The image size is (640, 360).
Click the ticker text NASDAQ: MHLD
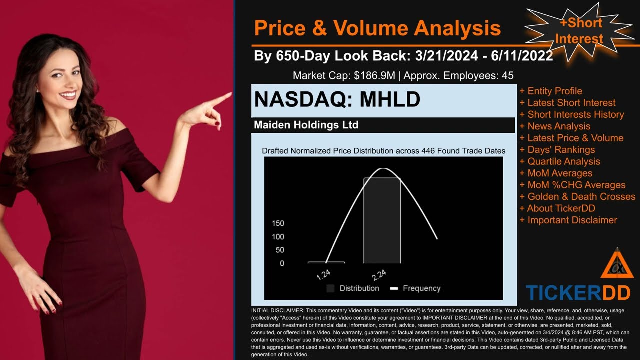[x=337, y=100]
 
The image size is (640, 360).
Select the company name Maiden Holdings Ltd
[x=306, y=125]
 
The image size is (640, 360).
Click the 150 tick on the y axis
[x=278, y=223]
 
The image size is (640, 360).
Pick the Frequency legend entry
[x=416, y=288]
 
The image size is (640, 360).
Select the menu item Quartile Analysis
[x=564, y=161]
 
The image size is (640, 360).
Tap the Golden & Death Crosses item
[x=581, y=196]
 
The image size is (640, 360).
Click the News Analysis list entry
[x=559, y=126]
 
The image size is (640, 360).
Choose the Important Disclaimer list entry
[x=572, y=220]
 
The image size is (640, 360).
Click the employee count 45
[x=508, y=76]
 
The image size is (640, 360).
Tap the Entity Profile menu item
[x=555, y=91]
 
